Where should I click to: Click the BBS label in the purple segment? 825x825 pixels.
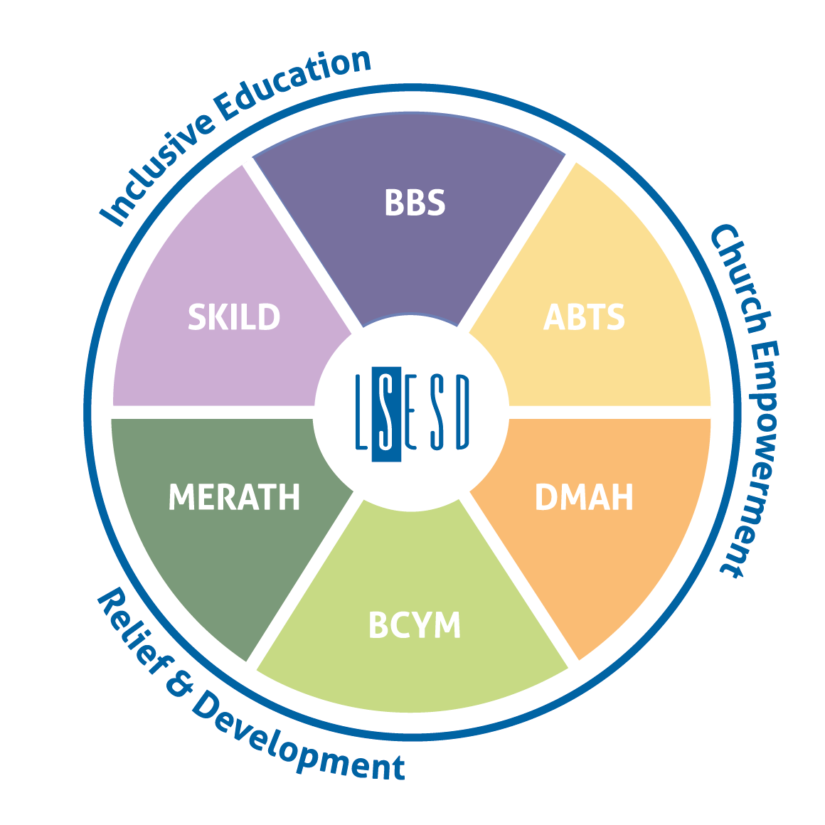click(x=415, y=203)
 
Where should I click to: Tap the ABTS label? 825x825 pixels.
click(x=584, y=317)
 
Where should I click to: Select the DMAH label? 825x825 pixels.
click(x=584, y=498)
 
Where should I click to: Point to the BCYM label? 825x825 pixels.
click(x=415, y=625)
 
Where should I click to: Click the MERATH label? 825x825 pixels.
click(x=235, y=498)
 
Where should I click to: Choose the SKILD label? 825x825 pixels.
click(x=234, y=317)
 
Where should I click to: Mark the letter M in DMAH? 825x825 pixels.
click(x=574, y=498)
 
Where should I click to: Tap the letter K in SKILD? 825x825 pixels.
click(x=216, y=317)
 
